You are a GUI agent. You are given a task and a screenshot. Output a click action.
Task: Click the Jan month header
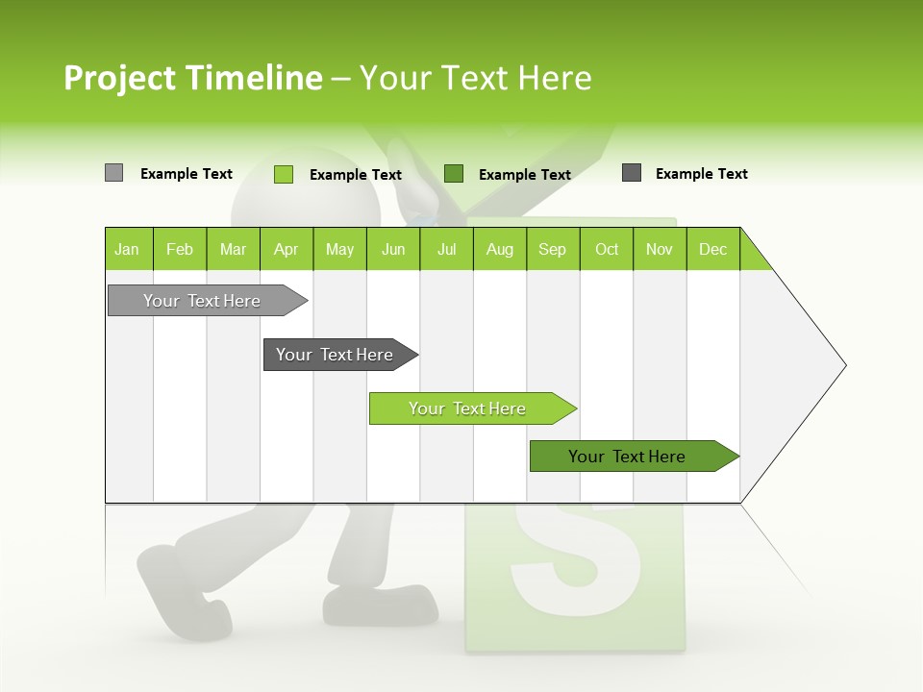pyautogui.click(x=127, y=249)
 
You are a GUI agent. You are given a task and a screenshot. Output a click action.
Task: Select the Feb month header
pyautogui.click(x=180, y=249)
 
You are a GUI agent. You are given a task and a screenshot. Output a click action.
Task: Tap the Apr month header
pyautogui.click(x=286, y=249)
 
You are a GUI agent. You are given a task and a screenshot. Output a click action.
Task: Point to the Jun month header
pyautogui.click(x=393, y=249)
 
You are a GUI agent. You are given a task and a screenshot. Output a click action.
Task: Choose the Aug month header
pyautogui.click(x=499, y=249)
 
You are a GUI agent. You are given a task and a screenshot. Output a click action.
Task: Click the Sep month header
pyautogui.click(x=552, y=249)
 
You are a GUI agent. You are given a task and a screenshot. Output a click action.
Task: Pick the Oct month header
pyautogui.click(x=607, y=249)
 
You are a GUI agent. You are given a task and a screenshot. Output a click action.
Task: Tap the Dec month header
pyautogui.click(x=712, y=249)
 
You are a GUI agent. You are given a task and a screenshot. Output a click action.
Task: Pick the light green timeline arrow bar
pyautogui.click(x=468, y=408)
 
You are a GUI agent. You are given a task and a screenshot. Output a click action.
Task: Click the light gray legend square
pyautogui.click(x=113, y=173)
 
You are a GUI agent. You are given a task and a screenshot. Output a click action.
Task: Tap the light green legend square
pyautogui.click(x=284, y=174)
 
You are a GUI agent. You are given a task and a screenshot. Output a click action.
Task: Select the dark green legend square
pyautogui.click(x=454, y=173)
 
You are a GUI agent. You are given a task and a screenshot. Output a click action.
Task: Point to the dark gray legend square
pyautogui.click(x=632, y=173)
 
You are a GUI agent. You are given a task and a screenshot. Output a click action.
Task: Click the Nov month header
pyautogui.click(x=660, y=249)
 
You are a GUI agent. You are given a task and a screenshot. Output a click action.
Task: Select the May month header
pyautogui.click(x=339, y=249)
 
